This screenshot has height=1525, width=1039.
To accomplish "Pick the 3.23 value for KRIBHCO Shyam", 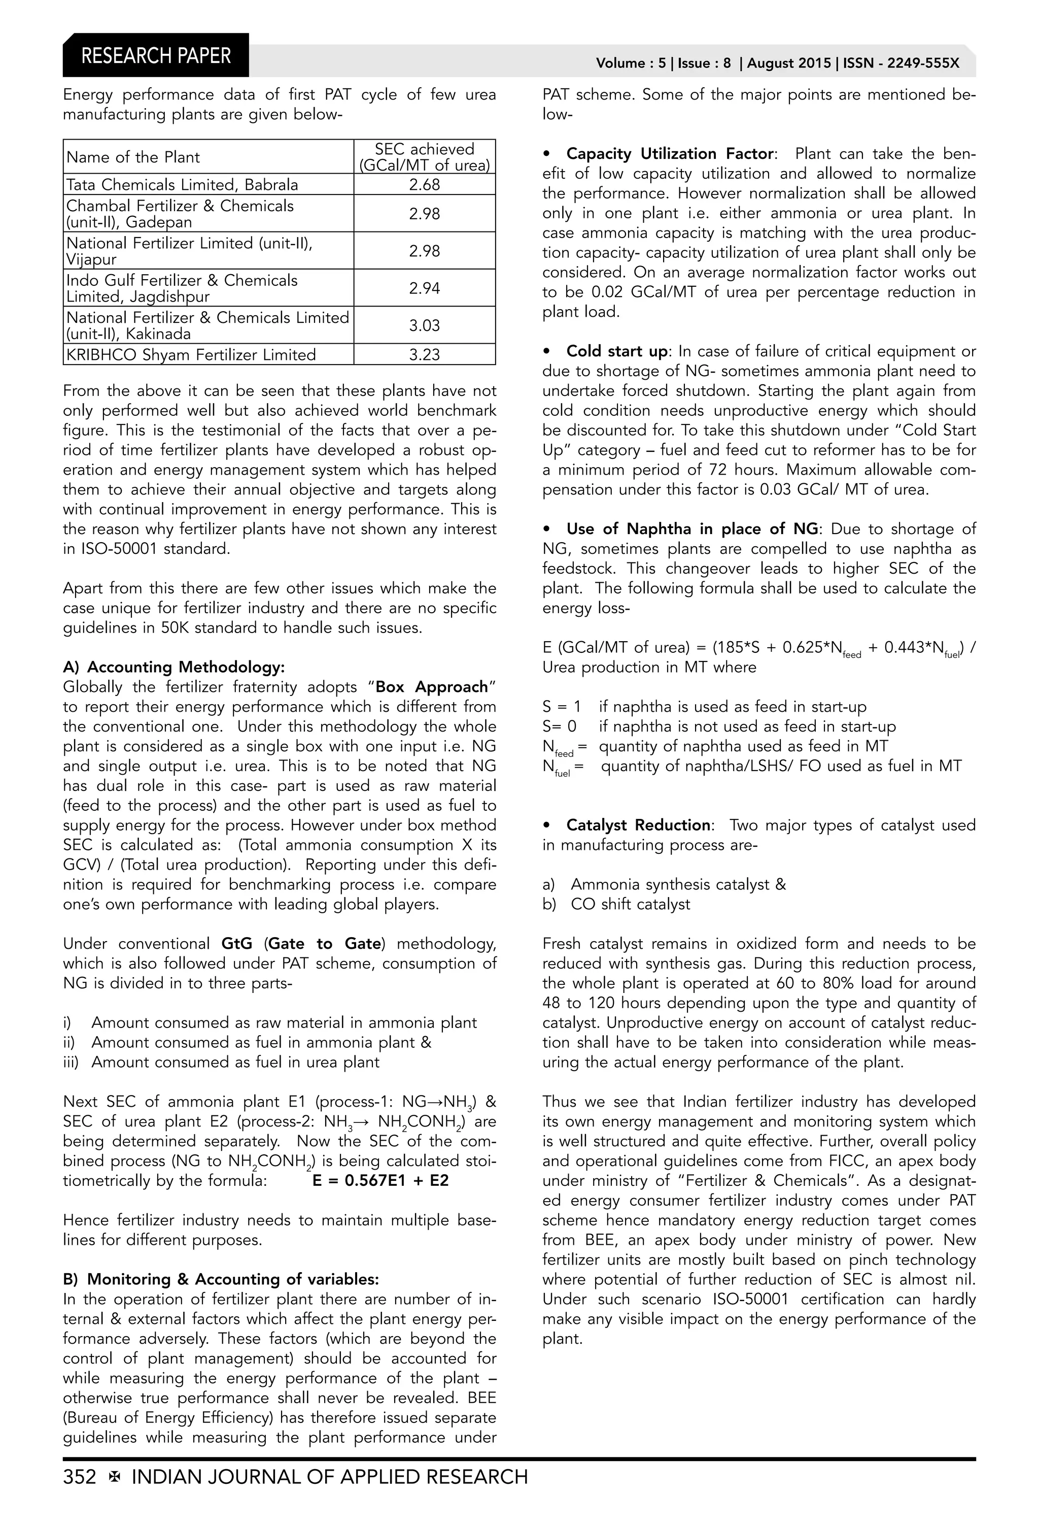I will coord(425,355).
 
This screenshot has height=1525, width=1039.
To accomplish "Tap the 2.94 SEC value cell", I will coord(425,288).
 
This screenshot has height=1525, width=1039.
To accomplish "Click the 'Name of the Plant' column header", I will coord(133,157).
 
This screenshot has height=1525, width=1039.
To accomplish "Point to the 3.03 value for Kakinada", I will coord(425,325).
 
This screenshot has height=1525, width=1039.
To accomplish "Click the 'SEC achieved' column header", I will coord(425,157).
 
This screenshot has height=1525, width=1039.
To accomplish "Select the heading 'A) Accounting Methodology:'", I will coord(174,668).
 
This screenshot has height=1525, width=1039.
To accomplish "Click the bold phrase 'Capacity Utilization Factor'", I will coord(670,153).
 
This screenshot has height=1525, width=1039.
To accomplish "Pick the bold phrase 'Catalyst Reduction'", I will coord(638,825).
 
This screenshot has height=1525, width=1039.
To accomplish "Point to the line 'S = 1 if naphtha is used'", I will coord(704,707).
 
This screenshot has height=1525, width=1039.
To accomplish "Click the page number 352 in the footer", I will coord(79,1477).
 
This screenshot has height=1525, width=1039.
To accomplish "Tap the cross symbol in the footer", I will coord(114,1477).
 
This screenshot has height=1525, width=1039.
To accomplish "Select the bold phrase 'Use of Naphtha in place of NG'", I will coord(692,529).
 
